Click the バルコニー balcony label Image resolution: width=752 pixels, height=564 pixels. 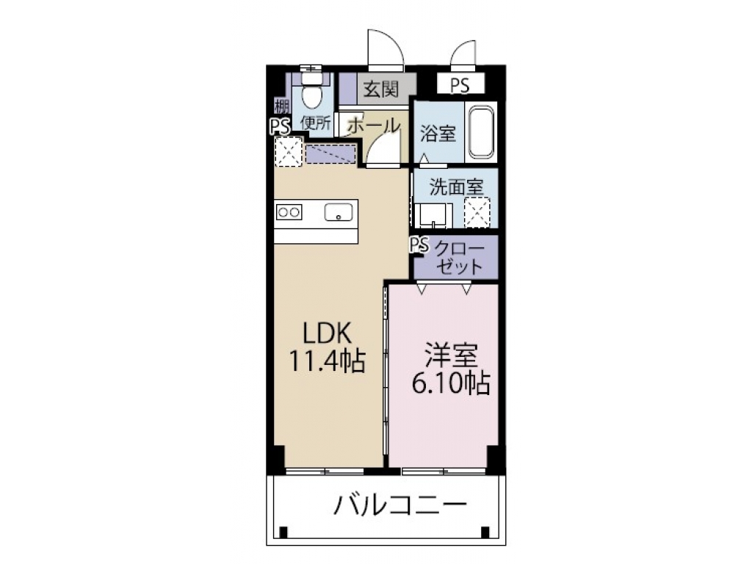401,507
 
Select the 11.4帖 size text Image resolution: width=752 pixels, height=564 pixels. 328,361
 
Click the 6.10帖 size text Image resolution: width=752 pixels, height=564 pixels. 450,383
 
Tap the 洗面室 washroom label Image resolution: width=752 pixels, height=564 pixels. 456,187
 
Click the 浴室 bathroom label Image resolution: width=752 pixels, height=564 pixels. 438,134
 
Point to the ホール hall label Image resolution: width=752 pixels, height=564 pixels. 373,125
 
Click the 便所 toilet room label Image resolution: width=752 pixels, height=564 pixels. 316,123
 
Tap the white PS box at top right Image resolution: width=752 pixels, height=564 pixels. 460,84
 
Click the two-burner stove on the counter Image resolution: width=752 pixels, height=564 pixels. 288,212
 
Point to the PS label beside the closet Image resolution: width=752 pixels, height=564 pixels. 419,245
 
